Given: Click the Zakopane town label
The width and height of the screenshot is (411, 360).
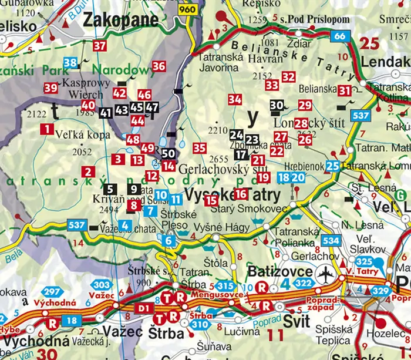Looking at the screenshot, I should [121, 20].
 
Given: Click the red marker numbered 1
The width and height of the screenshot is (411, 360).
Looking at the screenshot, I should [48, 129].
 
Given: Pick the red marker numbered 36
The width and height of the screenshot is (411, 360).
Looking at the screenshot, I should [159, 66].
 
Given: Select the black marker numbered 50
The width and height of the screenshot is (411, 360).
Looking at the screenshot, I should [169, 154].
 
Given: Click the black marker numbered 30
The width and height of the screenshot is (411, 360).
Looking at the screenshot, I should [277, 105].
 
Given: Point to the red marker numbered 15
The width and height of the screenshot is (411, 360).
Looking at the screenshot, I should [211, 200].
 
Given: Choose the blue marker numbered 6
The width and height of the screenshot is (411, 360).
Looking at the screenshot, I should [169, 240].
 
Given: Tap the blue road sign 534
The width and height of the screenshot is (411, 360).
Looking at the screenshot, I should [331, 240].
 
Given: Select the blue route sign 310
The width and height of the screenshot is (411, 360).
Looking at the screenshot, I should [200, 324].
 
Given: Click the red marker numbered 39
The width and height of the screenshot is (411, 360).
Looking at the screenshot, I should [50, 88].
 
